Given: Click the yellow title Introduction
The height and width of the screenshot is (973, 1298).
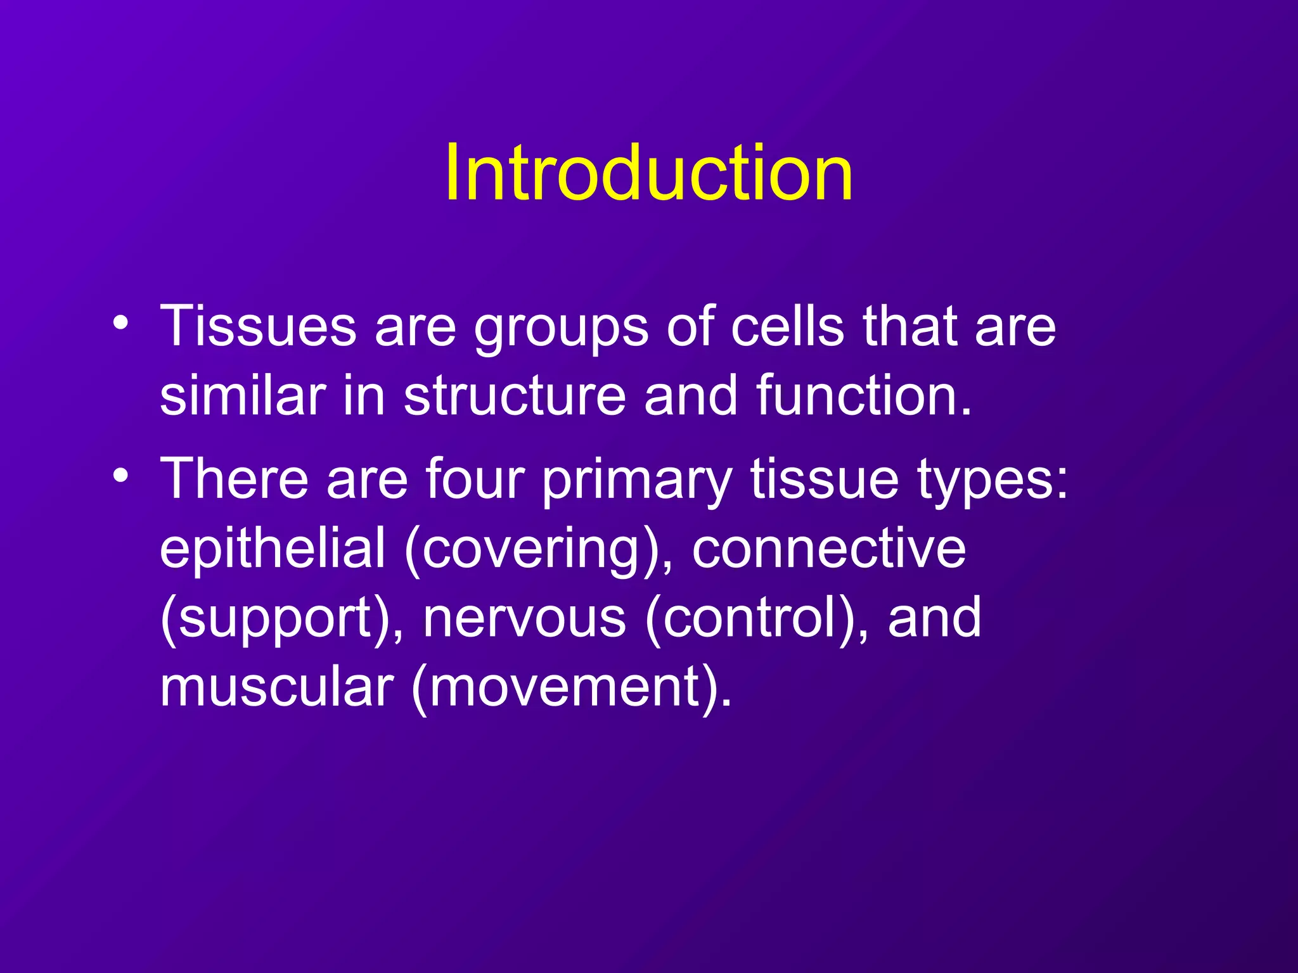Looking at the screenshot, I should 648,172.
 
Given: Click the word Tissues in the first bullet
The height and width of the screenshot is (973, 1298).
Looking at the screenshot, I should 258,327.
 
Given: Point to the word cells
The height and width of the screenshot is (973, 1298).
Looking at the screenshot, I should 787,327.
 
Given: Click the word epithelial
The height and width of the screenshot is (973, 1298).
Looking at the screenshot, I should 273,549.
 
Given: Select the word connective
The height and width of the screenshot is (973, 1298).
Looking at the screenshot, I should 828,549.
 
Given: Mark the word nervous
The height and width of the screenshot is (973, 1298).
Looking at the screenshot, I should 524,618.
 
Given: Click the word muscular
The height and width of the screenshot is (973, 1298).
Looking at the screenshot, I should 277,688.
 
